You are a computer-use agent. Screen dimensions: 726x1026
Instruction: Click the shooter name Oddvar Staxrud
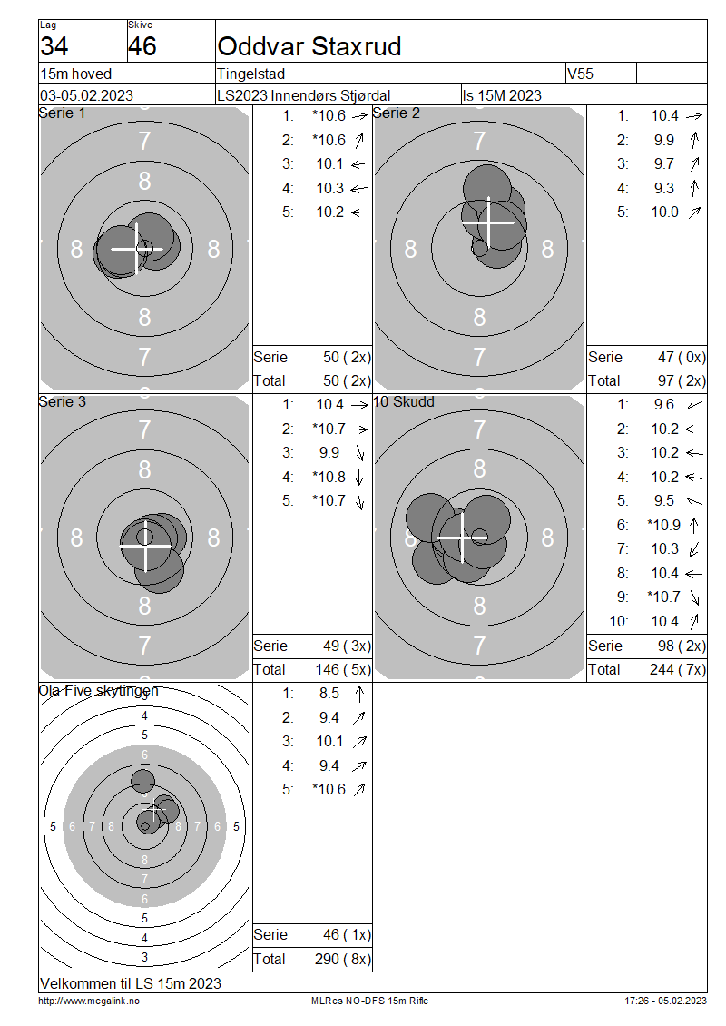[309, 46]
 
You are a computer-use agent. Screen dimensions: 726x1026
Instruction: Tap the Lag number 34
[54, 46]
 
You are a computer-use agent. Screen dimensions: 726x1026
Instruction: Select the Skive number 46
[142, 46]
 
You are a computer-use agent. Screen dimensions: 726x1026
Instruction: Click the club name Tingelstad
[251, 74]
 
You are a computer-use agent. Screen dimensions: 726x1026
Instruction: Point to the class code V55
[580, 74]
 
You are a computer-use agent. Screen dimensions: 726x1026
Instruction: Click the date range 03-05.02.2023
[86, 95]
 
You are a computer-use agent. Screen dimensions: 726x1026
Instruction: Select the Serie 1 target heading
[62, 113]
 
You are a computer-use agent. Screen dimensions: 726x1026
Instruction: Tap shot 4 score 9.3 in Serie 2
[664, 189]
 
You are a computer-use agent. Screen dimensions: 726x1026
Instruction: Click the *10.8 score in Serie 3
[329, 477]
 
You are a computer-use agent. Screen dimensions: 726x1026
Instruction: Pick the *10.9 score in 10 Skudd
[664, 525]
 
